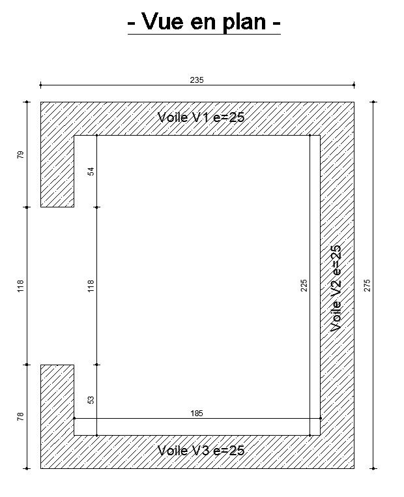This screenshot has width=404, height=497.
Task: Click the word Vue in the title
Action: coord(162,22)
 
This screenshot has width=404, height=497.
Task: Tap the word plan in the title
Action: coord(244,23)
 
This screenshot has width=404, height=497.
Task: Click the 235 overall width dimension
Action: coord(197,80)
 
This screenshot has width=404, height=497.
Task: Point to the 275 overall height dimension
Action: coord(367,285)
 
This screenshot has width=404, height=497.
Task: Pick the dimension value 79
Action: coord(20,155)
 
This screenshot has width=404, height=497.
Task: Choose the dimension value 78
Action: coord(20,416)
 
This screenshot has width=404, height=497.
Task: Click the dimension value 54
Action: coord(91,172)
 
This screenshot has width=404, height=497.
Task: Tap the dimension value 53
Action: coord(91,400)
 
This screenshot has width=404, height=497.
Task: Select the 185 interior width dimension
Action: coord(197,414)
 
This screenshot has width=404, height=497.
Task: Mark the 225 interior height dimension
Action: coord(304,285)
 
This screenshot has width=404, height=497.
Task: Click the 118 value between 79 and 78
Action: coord(20,286)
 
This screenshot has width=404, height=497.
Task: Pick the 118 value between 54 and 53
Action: coord(91,286)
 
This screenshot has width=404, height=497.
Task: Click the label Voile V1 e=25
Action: coord(201,117)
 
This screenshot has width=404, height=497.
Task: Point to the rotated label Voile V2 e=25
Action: coord(336,288)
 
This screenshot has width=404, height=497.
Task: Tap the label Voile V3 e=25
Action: coord(201,451)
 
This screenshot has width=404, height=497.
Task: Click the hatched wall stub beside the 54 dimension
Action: coord(57,171)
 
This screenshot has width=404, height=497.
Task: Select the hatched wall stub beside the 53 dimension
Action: coord(57,400)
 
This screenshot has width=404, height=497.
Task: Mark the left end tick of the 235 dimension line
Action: coord(40,85)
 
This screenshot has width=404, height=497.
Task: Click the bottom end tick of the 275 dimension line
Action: coord(373,468)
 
